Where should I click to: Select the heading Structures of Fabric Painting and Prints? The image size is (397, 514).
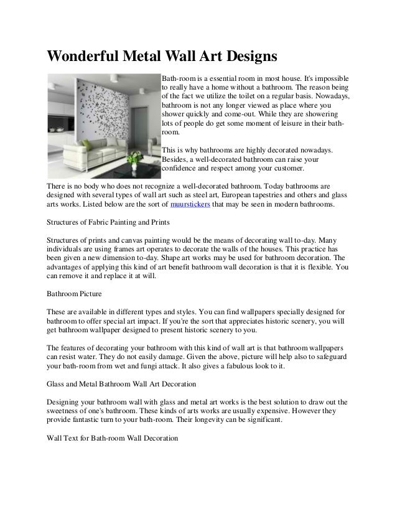pyautogui.click(x=107, y=222)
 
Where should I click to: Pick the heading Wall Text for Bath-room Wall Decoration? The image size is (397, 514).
pyautogui.click(x=112, y=437)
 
